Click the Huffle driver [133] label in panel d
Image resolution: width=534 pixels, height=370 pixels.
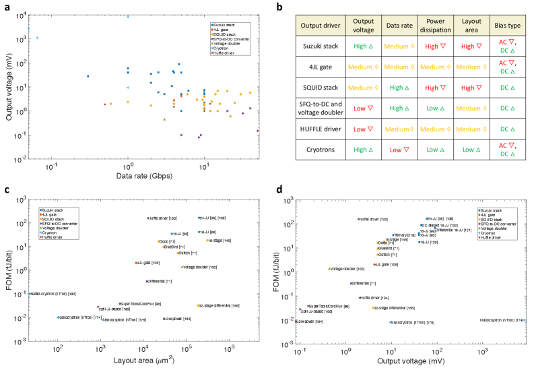[374, 219]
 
